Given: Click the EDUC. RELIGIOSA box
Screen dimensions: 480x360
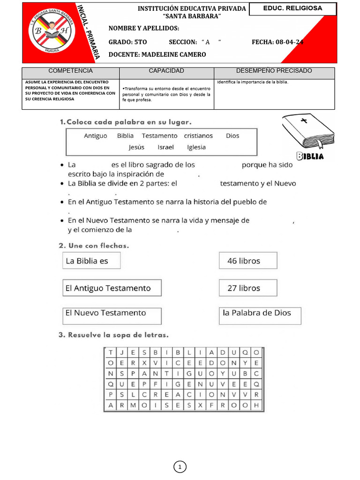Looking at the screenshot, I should [292, 9].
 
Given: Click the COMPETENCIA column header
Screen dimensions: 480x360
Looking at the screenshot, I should [71, 71].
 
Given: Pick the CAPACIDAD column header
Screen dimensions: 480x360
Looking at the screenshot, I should [166, 71].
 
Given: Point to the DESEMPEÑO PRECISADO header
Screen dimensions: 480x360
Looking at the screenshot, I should [274, 71].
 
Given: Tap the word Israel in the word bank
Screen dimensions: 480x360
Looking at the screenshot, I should [165, 147].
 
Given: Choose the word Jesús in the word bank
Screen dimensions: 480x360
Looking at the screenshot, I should [136, 147].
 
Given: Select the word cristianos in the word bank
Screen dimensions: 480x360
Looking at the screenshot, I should [198, 136].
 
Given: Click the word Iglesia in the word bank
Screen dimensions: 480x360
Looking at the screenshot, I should [196, 147].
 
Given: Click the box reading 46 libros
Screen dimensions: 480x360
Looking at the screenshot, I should [247, 261].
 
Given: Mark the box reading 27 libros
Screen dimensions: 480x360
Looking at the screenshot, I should [247, 288].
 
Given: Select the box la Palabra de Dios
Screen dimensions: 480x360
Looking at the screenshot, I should [260, 314].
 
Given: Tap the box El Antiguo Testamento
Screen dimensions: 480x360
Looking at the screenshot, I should [112, 288].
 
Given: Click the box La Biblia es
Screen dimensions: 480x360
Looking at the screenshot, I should [91, 261].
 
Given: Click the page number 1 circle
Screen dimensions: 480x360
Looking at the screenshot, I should [180, 467].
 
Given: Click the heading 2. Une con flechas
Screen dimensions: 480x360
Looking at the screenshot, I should [94, 246].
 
